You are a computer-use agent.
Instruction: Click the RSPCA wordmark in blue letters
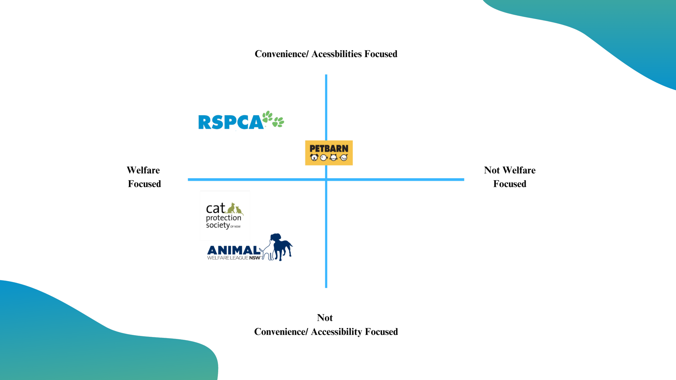coord(230,122)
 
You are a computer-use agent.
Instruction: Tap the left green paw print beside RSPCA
coord(267,116)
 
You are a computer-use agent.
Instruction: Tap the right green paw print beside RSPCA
coord(278,122)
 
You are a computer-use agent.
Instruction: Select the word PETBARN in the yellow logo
coord(329,149)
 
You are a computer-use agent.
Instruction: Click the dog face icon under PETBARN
coord(314,157)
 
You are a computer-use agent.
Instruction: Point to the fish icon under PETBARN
coord(324,157)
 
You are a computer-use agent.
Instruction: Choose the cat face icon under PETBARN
coord(334,157)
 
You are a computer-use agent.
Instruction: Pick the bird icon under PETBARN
coord(344,157)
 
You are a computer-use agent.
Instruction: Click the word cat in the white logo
coord(215,209)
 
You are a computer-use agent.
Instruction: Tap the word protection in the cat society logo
coord(223,218)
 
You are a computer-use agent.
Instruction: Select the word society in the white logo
coord(218,225)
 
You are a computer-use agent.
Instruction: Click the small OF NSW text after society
coord(235,226)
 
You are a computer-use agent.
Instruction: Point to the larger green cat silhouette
coord(231,208)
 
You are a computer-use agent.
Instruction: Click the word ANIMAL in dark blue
coord(233,250)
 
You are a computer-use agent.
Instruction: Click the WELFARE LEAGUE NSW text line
coord(234,258)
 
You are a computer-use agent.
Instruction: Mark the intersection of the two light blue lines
coord(326,180)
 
